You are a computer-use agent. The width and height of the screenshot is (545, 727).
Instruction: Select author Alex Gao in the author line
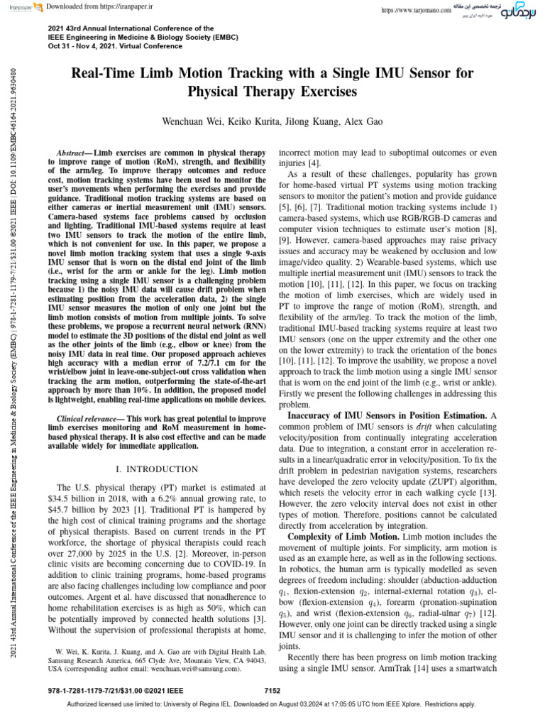click(363, 122)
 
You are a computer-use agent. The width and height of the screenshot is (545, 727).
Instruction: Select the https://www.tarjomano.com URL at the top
click(416, 11)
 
